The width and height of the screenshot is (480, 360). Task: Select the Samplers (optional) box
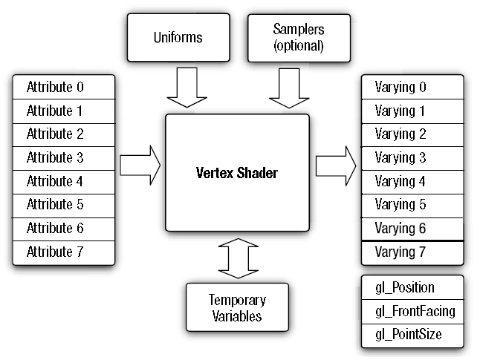(x=299, y=37)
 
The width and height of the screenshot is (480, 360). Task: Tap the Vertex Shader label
(x=236, y=172)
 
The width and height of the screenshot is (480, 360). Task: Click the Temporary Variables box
(x=237, y=308)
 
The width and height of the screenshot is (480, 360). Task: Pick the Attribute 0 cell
(x=64, y=87)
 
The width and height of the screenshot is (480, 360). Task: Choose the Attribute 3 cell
(x=64, y=157)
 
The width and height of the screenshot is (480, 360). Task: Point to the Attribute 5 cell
(x=64, y=204)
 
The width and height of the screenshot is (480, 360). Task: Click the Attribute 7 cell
(x=64, y=252)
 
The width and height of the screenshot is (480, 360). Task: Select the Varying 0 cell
(x=412, y=87)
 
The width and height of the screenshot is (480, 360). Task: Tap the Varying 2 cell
(x=412, y=134)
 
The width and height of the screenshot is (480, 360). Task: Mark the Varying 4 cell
(x=412, y=181)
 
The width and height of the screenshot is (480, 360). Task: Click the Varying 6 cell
(x=412, y=228)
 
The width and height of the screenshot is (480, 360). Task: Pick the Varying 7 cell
(x=412, y=252)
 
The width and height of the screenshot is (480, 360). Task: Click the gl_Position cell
(x=412, y=287)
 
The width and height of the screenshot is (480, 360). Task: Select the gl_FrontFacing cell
(x=412, y=311)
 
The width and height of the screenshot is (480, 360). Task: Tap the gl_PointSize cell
(x=412, y=335)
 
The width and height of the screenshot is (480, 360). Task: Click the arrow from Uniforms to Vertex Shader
(x=187, y=88)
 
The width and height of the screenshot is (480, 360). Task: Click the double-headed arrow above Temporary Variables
(x=237, y=257)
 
